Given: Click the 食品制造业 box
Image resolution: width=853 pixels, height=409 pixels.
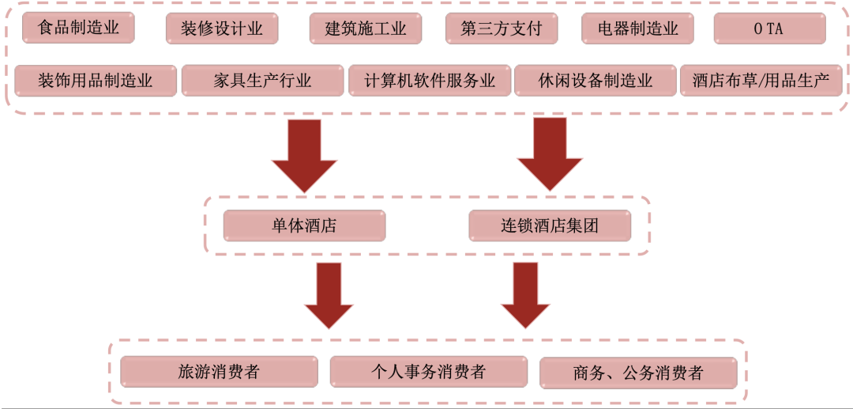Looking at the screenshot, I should [x=78, y=28].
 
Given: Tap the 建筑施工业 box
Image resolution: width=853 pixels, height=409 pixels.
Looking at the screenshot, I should [x=366, y=29].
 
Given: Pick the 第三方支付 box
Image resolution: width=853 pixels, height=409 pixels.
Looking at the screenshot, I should [x=502, y=29].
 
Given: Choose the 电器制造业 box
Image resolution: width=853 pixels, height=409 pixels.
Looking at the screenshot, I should [x=637, y=29].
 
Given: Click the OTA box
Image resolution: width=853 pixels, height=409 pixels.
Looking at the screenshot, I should [x=769, y=29].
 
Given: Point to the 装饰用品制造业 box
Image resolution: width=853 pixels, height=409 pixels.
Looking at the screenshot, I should [x=96, y=80].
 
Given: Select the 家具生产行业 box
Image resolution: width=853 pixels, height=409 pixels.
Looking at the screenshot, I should [x=262, y=80].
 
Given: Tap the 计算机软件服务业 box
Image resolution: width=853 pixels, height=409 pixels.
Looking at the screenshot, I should [x=430, y=80].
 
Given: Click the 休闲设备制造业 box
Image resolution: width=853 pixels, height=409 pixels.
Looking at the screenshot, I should [x=596, y=80].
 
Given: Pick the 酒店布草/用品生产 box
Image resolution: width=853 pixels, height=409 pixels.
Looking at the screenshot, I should [x=761, y=80].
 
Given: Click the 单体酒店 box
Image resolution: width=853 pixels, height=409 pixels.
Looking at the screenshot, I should [x=304, y=225].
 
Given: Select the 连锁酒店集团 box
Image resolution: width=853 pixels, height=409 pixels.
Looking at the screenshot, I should [x=550, y=225].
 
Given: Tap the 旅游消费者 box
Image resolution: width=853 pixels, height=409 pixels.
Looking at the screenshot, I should [x=219, y=372].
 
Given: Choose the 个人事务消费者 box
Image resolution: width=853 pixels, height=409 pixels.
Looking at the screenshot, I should [x=428, y=372].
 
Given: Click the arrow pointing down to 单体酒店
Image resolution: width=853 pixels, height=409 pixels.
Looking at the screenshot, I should [x=304, y=154].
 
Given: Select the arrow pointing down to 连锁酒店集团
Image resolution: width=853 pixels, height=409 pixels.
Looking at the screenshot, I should [x=550, y=154].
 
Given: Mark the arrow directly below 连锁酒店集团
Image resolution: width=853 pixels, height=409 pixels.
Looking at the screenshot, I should [x=525, y=294].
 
